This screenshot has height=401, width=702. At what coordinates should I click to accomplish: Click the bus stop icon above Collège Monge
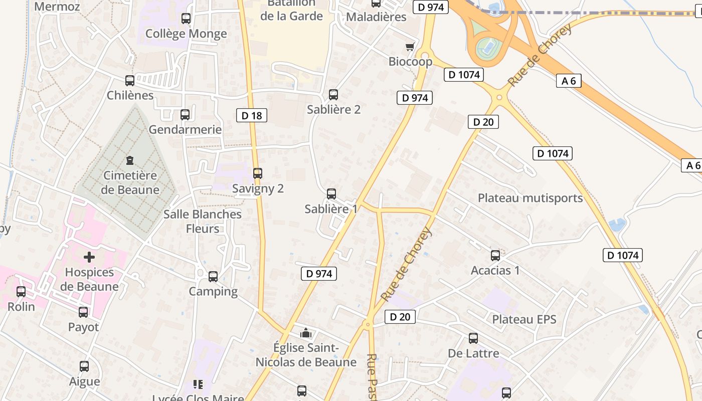point(186,19)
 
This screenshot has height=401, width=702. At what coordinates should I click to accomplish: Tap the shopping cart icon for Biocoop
point(410,47)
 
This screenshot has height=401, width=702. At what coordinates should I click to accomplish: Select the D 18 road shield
point(252,116)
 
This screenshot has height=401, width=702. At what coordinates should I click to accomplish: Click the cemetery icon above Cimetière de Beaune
point(130,161)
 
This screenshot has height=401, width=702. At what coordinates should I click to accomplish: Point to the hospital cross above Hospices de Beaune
point(89,258)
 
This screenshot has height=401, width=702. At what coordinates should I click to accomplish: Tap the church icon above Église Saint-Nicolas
point(306,333)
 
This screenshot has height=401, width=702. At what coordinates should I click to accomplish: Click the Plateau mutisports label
point(530,198)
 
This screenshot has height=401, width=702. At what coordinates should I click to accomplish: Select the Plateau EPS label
point(524,319)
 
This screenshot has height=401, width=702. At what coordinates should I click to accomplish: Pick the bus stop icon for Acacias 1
point(495,256)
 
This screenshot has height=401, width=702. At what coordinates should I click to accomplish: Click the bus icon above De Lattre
point(473,338)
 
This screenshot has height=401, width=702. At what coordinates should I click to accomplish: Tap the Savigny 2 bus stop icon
point(258,173)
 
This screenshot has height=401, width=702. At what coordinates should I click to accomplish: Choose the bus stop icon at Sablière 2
point(333,94)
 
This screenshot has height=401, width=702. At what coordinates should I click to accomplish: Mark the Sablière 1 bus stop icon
point(331,194)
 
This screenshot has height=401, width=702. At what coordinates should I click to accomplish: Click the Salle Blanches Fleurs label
point(203,221)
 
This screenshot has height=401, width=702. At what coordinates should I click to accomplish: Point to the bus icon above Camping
point(213,276)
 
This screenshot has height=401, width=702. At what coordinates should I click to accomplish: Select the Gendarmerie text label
point(185,130)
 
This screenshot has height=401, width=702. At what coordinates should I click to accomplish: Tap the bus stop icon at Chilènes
point(130,80)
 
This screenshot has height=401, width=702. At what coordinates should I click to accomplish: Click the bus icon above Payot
point(83,312)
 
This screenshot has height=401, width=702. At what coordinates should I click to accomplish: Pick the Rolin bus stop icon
point(21,292)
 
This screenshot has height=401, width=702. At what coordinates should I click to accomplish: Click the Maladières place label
point(376,17)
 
